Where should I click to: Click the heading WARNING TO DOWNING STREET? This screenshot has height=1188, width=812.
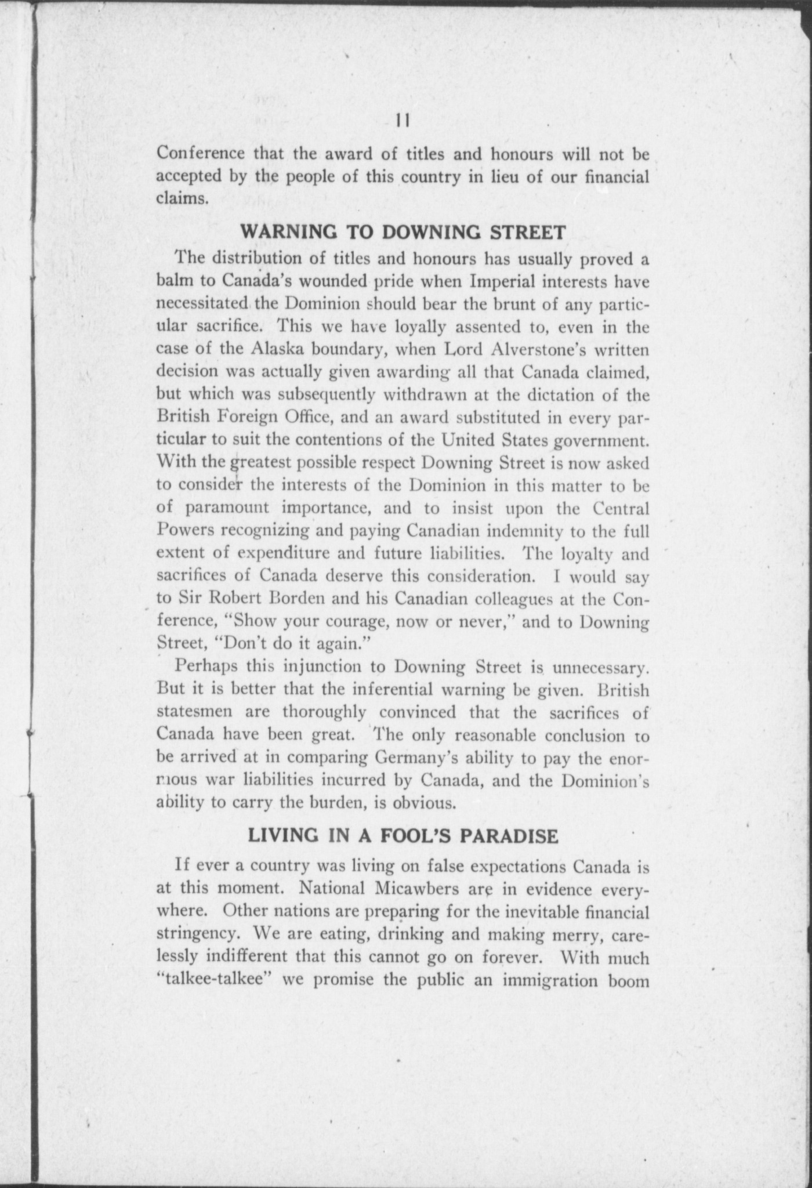pos(403,233)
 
